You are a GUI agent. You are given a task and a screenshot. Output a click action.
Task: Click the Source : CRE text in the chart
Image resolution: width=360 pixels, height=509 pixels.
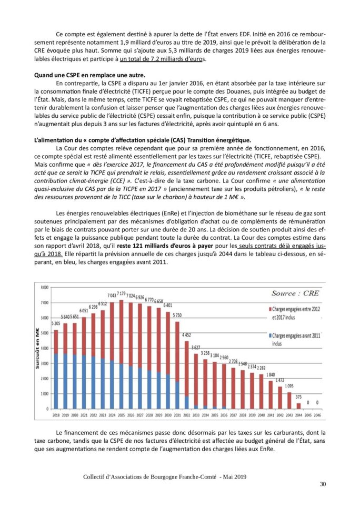coord(295,293)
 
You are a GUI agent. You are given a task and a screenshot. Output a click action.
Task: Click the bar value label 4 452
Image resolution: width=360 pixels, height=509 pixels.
coord(186,334)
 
